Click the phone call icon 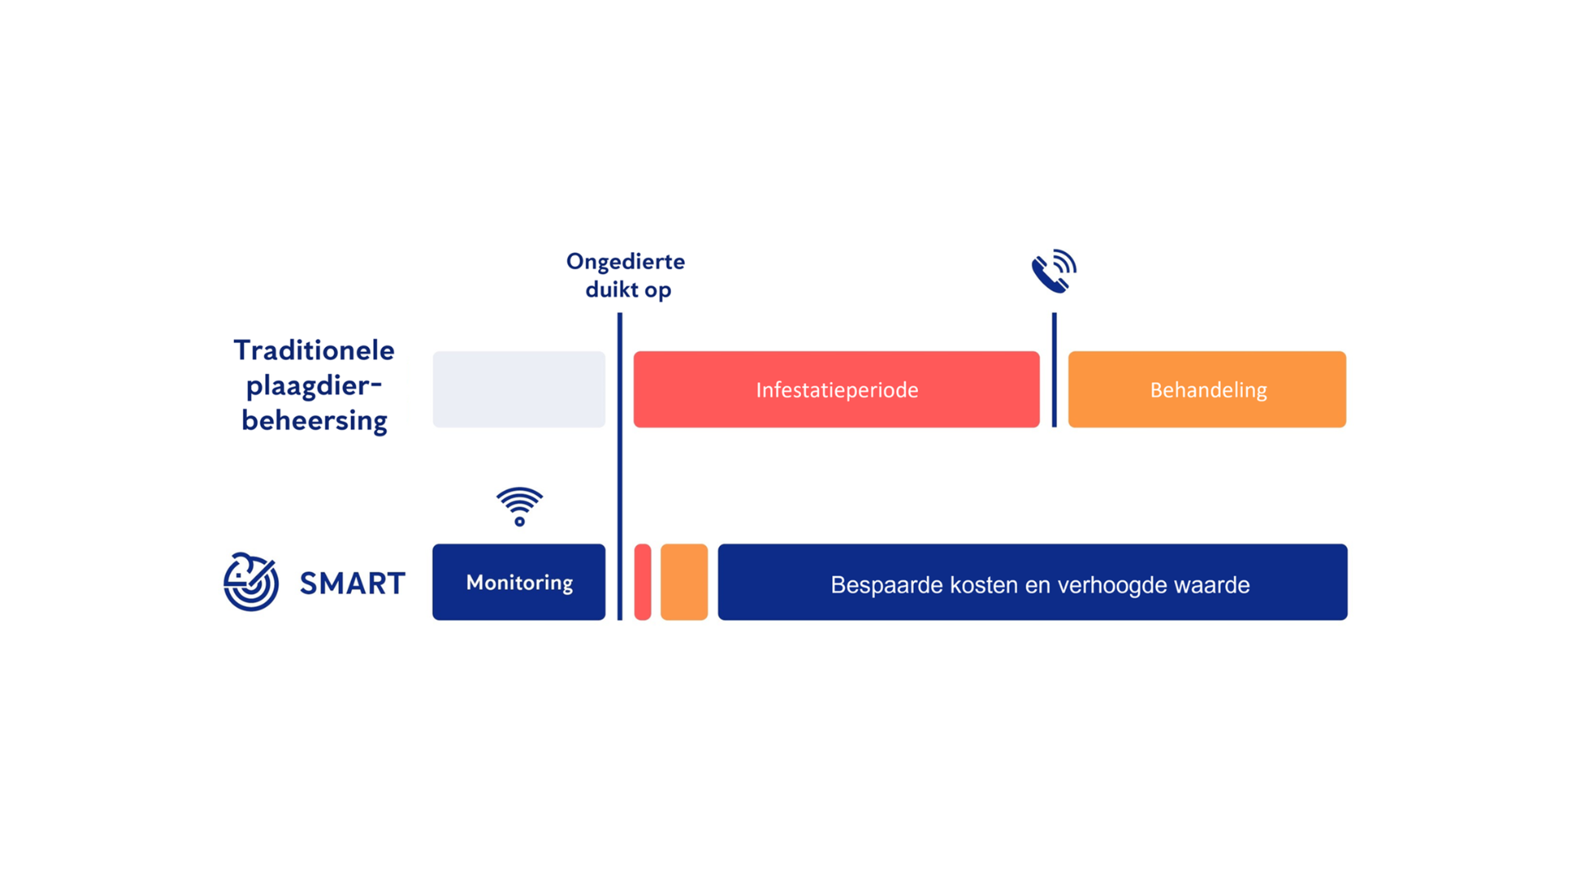point(1053,272)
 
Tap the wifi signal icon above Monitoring point(520,506)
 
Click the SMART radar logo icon point(251,582)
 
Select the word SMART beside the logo point(353,584)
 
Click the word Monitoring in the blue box point(520,583)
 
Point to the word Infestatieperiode point(837,390)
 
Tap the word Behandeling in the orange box point(1209,390)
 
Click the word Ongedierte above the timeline point(626,263)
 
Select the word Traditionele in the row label point(314,350)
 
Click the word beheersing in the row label point(314,421)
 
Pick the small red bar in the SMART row point(643,582)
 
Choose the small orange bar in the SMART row point(684,582)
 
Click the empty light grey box point(519,390)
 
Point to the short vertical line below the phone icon point(1054,370)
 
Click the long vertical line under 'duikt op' point(619,467)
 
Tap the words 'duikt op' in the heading point(628,291)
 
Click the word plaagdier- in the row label point(314,386)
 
